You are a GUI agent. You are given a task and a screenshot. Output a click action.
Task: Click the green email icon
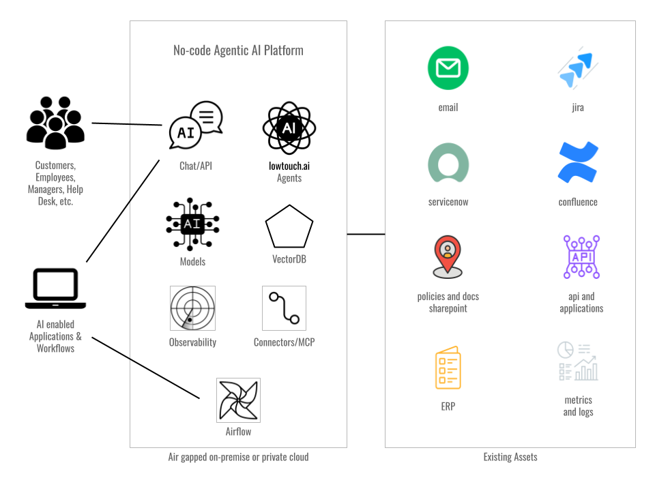click(448, 68)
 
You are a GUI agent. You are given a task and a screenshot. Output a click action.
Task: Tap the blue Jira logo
click(577, 69)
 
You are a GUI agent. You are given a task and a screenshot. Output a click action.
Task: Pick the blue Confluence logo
click(578, 163)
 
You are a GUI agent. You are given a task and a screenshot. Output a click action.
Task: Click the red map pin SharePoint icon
click(448, 256)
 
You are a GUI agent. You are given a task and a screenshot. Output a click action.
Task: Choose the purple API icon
click(581, 257)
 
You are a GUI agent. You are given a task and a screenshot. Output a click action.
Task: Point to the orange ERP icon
click(448, 368)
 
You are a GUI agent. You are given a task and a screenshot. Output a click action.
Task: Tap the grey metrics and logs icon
click(578, 361)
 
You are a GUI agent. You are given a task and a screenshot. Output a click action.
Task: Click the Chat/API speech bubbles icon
click(196, 125)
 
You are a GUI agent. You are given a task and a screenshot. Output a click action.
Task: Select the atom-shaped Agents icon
click(289, 128)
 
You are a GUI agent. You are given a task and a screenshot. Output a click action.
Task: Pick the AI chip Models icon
click(192, 224)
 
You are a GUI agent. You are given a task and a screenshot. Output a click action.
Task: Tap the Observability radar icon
click(192, 308)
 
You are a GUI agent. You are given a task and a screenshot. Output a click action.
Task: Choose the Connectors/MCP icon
click(284, 308)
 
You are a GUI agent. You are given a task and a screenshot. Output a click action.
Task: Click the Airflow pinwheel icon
click(238, 400)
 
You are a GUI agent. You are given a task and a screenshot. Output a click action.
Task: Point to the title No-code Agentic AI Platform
click(238, 50)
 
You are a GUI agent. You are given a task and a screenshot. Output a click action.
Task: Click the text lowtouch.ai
click(289, 166)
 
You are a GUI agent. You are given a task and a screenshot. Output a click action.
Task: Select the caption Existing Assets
click(510, 457)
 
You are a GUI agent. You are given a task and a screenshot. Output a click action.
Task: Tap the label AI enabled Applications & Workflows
click(55, 336)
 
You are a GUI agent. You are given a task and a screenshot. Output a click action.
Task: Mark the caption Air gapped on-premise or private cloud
click(238, 457)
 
